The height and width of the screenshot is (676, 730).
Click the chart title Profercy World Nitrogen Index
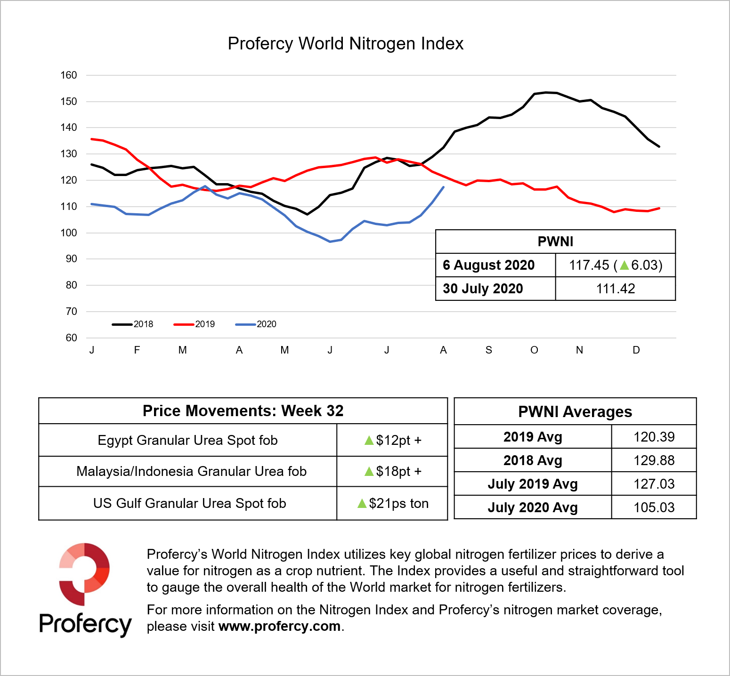point(345,44)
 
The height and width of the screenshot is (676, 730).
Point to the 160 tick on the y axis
point(69,75)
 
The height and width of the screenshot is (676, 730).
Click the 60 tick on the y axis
point(71,338)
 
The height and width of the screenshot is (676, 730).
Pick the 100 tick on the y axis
point(69,233)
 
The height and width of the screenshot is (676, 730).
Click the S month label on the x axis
point(489,350)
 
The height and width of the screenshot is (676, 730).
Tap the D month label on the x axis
point(636,350)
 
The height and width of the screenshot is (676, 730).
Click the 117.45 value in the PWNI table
point(589,266)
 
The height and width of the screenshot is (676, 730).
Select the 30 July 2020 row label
point(483,289)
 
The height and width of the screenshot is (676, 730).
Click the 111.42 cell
point(616,289)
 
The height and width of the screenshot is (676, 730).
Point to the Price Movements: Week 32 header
point(243,411)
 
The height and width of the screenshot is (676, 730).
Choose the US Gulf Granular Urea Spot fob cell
point(189,503)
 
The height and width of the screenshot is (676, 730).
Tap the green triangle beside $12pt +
point(369,441)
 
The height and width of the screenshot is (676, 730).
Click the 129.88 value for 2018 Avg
point(654,460)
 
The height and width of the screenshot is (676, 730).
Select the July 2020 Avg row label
point(533,507)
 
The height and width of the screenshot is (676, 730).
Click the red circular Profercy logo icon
point(84,574)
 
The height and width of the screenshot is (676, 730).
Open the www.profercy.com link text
point(280,627)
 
